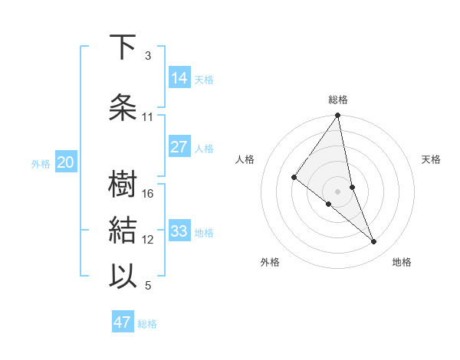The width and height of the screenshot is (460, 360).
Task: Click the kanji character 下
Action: [123, 48]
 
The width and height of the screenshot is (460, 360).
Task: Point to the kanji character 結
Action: [123, 230]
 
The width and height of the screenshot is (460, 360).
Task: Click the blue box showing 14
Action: [179, 77]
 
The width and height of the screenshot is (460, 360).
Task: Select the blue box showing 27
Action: [179, 147]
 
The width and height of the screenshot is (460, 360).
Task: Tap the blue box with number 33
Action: [179, 231]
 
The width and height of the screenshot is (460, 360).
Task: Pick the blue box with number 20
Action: [66, 162]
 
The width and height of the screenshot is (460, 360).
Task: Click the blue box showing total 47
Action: [123, 322]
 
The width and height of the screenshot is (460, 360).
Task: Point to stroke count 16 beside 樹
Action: [149, 194]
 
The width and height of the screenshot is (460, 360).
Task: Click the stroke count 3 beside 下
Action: [148, 56]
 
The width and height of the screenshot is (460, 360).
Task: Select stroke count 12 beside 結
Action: [149, 240]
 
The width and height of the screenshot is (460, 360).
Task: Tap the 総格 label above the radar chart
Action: [338, 100]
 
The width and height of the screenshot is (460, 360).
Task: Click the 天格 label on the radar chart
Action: [432, 159]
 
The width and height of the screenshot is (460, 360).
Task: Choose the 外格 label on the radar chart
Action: [270, 262]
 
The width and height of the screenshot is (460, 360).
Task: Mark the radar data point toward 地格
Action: [373, 242]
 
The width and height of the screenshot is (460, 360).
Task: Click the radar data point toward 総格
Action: [337, 116]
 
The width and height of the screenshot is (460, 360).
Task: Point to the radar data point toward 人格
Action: [294, 177]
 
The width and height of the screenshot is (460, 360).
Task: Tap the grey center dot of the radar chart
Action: [337, 191]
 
